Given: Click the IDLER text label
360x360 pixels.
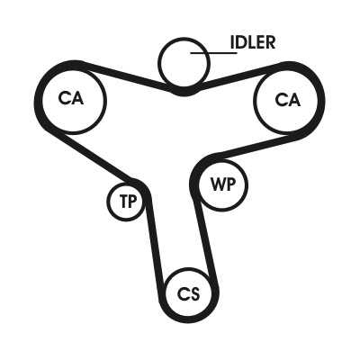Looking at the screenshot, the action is tap(253, 42).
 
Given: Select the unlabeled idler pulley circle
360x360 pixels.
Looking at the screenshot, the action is tap(184, 38).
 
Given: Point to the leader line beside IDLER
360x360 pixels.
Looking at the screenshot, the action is tap(214, 53).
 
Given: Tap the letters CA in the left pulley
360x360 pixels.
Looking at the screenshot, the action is tap(71, 98).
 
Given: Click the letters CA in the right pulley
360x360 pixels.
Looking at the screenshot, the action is tap(287, 99).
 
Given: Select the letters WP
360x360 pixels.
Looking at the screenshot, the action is tap(223, 184).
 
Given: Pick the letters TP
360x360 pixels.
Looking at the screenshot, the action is tap(128, 201).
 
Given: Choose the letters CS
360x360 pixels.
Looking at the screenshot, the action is tap(188, 293).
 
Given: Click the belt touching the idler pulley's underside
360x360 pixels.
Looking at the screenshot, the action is tap(184, 92).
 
